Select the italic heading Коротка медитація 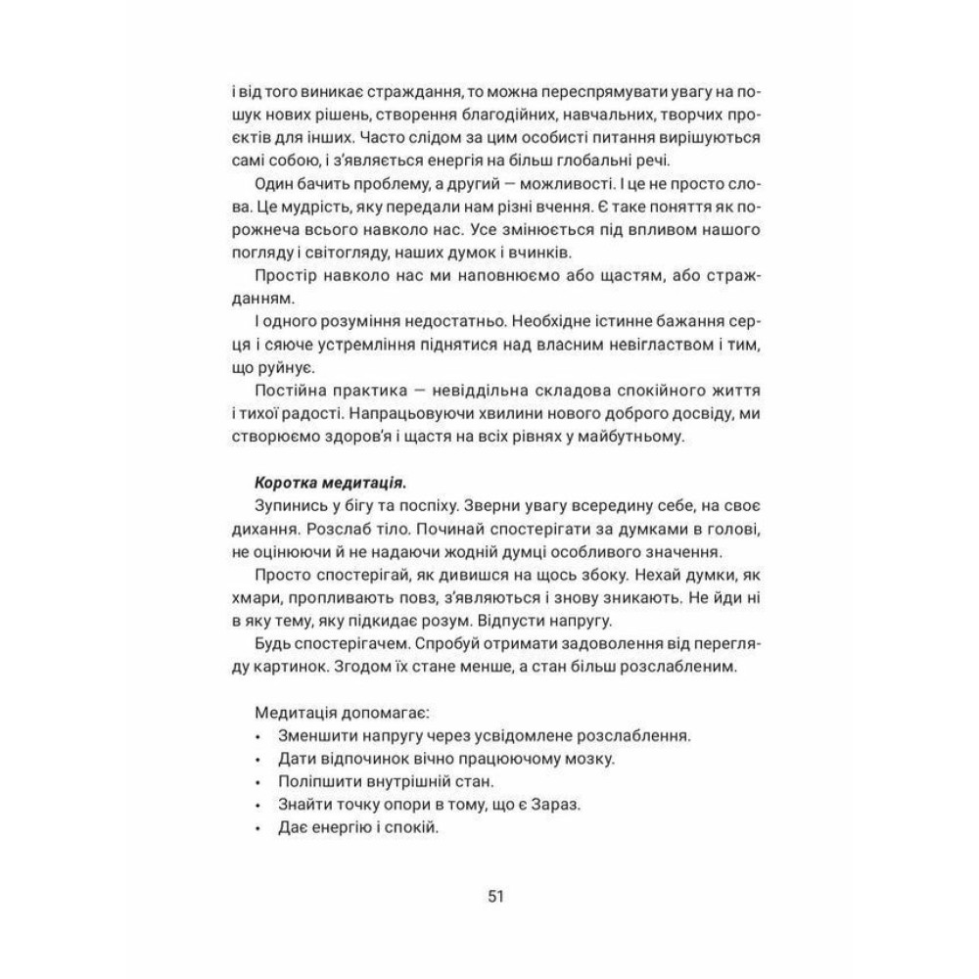[x=330, y=482]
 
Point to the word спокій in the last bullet [x=414, y=824]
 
